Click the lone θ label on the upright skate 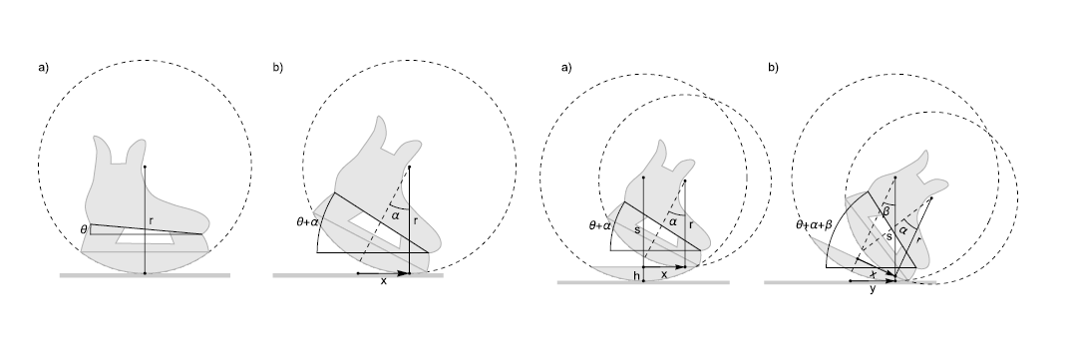(x=84, y=230)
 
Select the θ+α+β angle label (x=814, y=223)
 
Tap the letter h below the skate (x=636, y=276)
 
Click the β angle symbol (x=886, y=212)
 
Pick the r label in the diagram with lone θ (x=151, y=220)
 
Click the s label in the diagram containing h (x=637, y=230)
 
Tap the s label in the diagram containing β (x=888, y=236)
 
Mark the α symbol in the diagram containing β (x=902, y=231)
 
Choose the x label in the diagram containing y (x=873, y=272)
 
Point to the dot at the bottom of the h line (x=643, y=281)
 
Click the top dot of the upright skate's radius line (x=145, y=167)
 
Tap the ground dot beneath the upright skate (x=145, y=273)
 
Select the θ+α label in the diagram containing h (x=599, y=225)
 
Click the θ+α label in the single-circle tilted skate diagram (x=307, y=221)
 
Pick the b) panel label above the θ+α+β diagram (x=773, y=67)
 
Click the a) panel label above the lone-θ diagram (x=44, y=67)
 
